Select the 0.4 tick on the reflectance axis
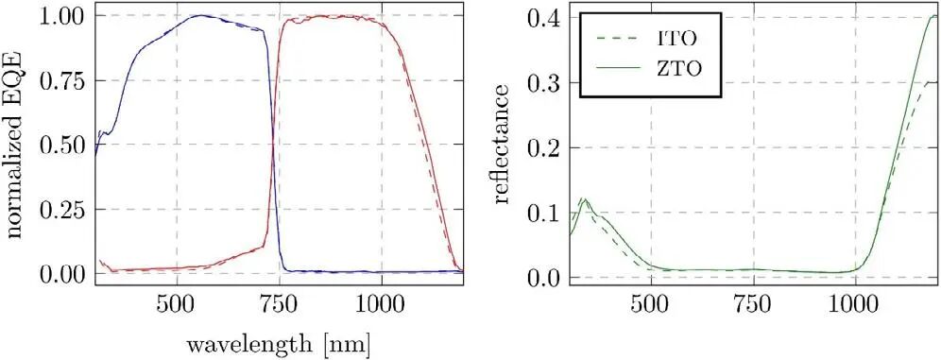(x=542, y=19)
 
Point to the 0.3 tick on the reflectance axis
(x=542, y=83)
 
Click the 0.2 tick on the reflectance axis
(x=542, y=148)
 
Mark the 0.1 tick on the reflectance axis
(x=542, y=213)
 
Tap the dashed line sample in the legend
(x=618, y=40)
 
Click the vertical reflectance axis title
(x=502, y=144)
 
